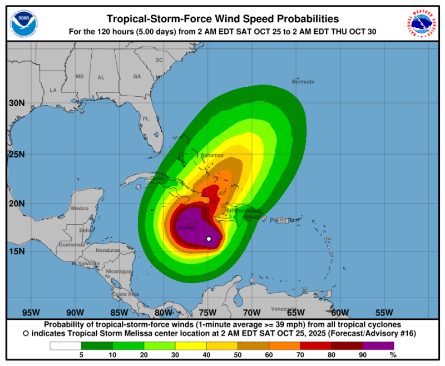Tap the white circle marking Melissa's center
(209, 239)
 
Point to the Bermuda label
(303, 82)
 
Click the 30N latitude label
(16, 103)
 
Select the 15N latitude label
(16, 251)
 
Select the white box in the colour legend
(65, 345)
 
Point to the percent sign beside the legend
(393, 354)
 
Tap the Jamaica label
(186, 227)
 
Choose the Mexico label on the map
(80, 209)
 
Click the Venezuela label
(283, 309)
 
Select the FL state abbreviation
(146, 118)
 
